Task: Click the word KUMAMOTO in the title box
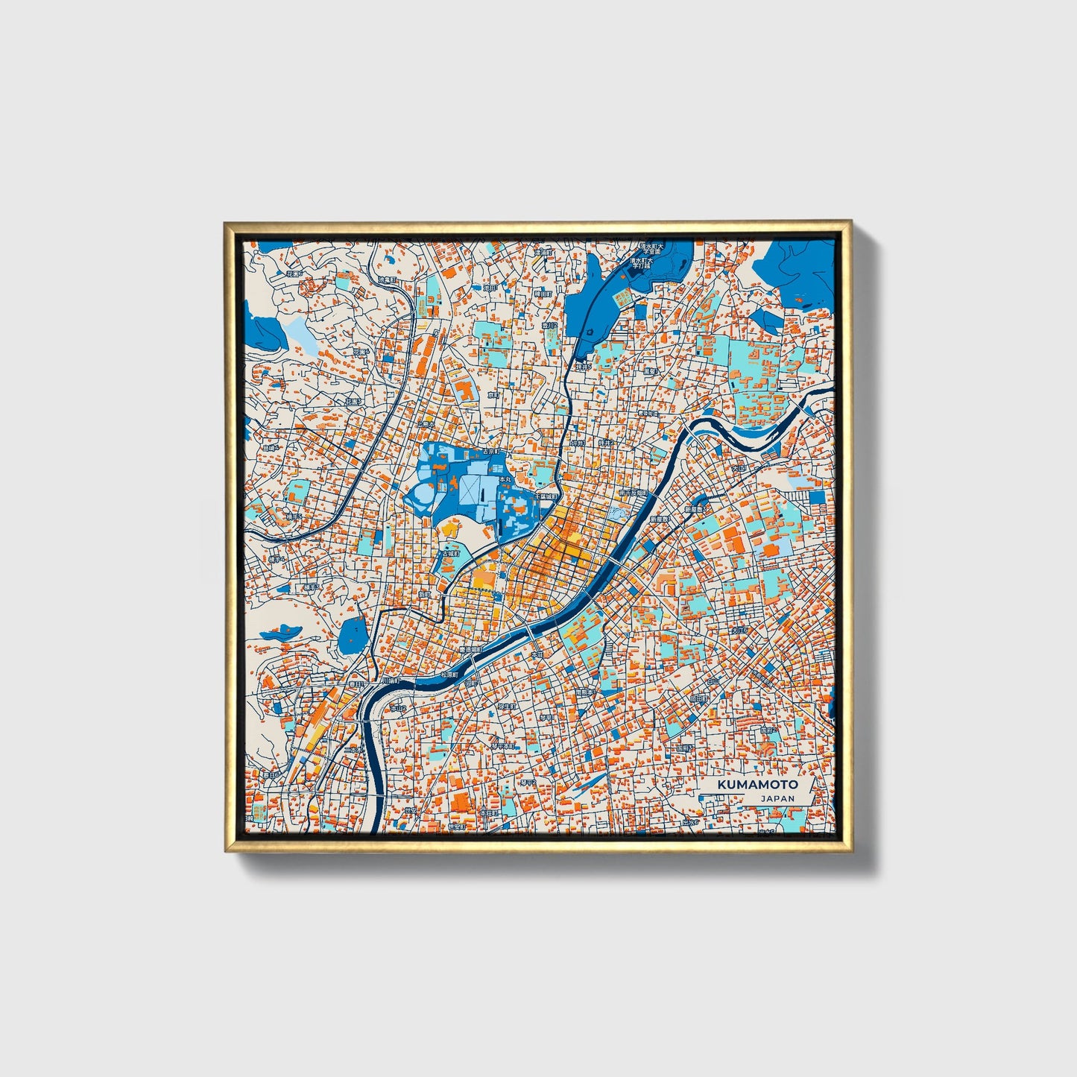pyautogui.click(x=757, y=784)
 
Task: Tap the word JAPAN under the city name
pyautogui.click(x=777, y=798)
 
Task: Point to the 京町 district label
pyautogui.click(x=492, y=396)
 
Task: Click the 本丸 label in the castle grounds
pyautogui.click(x=505, y=479)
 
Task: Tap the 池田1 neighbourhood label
pyautogui.click(x=490, y=288)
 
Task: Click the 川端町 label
pyautogui.click(x=390, y=680)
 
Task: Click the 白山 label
pyautogui.click(x=713, y=680)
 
